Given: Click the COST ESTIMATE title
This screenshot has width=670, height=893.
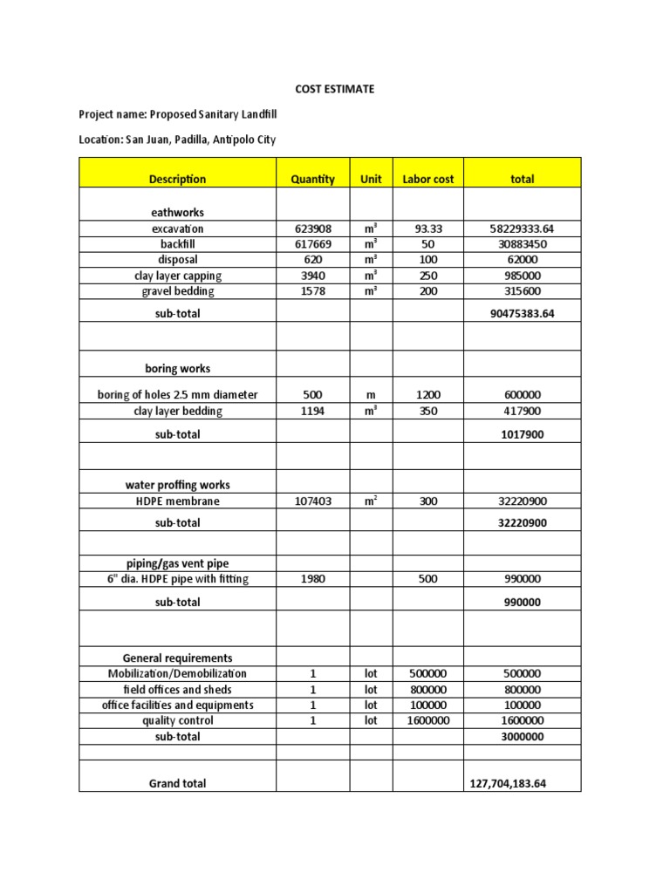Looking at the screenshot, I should (x=335, y=89).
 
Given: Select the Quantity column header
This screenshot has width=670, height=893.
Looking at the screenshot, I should (x=312, y=179).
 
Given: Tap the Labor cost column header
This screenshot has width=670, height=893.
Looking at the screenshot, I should (x=427, y=179).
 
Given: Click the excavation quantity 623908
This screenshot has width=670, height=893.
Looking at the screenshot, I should (x=312, y=228).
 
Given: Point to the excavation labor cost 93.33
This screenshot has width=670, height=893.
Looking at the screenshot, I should (x=428, y=228).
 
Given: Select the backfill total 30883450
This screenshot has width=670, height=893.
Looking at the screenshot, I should (x=523, y=244).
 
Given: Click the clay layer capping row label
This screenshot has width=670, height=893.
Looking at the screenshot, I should (x=177, y=276).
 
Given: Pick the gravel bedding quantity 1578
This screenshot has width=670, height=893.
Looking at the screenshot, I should (x=312, y=291).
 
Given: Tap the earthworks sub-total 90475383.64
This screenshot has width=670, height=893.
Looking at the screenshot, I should (x=523, y=314).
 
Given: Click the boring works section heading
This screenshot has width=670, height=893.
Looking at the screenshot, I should (x=177, y=368).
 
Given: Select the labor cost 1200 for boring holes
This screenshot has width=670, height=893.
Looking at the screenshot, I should (x=428, y=395).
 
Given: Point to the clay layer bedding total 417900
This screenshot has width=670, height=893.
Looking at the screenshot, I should (x=523, y=411).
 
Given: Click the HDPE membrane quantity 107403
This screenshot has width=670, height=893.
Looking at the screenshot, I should (x=312, y=501).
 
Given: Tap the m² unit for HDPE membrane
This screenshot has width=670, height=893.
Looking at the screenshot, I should (x=371, y=501).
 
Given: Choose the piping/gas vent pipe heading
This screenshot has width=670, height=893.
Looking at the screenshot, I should (x=177, y=564).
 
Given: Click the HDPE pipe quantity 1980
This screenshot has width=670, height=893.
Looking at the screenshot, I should (x=312, y=580).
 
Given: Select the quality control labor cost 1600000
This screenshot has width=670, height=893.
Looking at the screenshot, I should (x=428, y=720).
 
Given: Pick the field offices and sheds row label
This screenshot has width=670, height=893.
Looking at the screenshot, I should (x=177, y=689).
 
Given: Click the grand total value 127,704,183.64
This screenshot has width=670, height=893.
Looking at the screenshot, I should (x=523, y=783).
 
